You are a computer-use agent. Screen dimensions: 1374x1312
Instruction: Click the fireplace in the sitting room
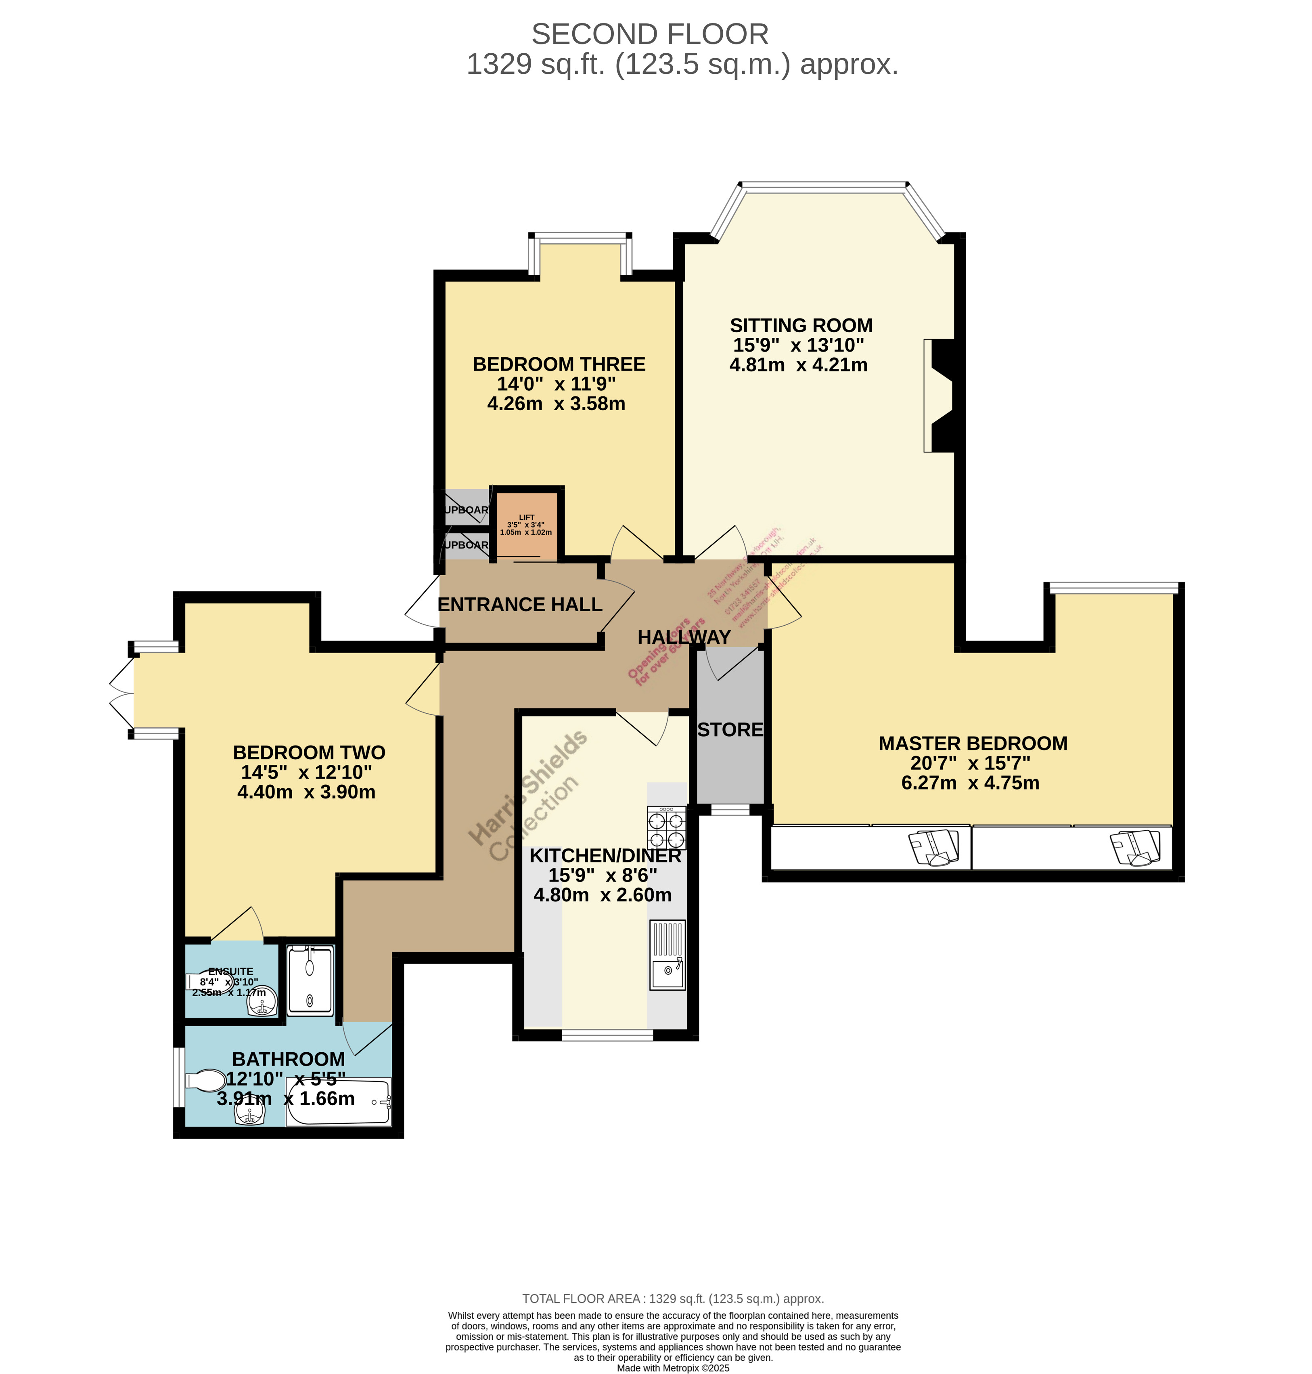(939, 396)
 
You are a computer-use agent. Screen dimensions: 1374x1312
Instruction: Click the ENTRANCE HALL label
(520, 604)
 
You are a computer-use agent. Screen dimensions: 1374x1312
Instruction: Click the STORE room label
(730, 730)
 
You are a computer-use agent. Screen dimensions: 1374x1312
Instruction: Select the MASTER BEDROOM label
(973, 743)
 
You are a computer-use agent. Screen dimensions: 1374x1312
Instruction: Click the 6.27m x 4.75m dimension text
(970, 783)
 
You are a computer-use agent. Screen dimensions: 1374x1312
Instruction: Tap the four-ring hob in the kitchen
(666, 827)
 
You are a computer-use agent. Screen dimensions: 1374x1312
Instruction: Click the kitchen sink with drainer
(667, 955)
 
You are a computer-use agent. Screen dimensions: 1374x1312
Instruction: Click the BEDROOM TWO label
(309, 753)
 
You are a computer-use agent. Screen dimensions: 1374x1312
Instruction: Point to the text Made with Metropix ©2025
(673, 1368)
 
